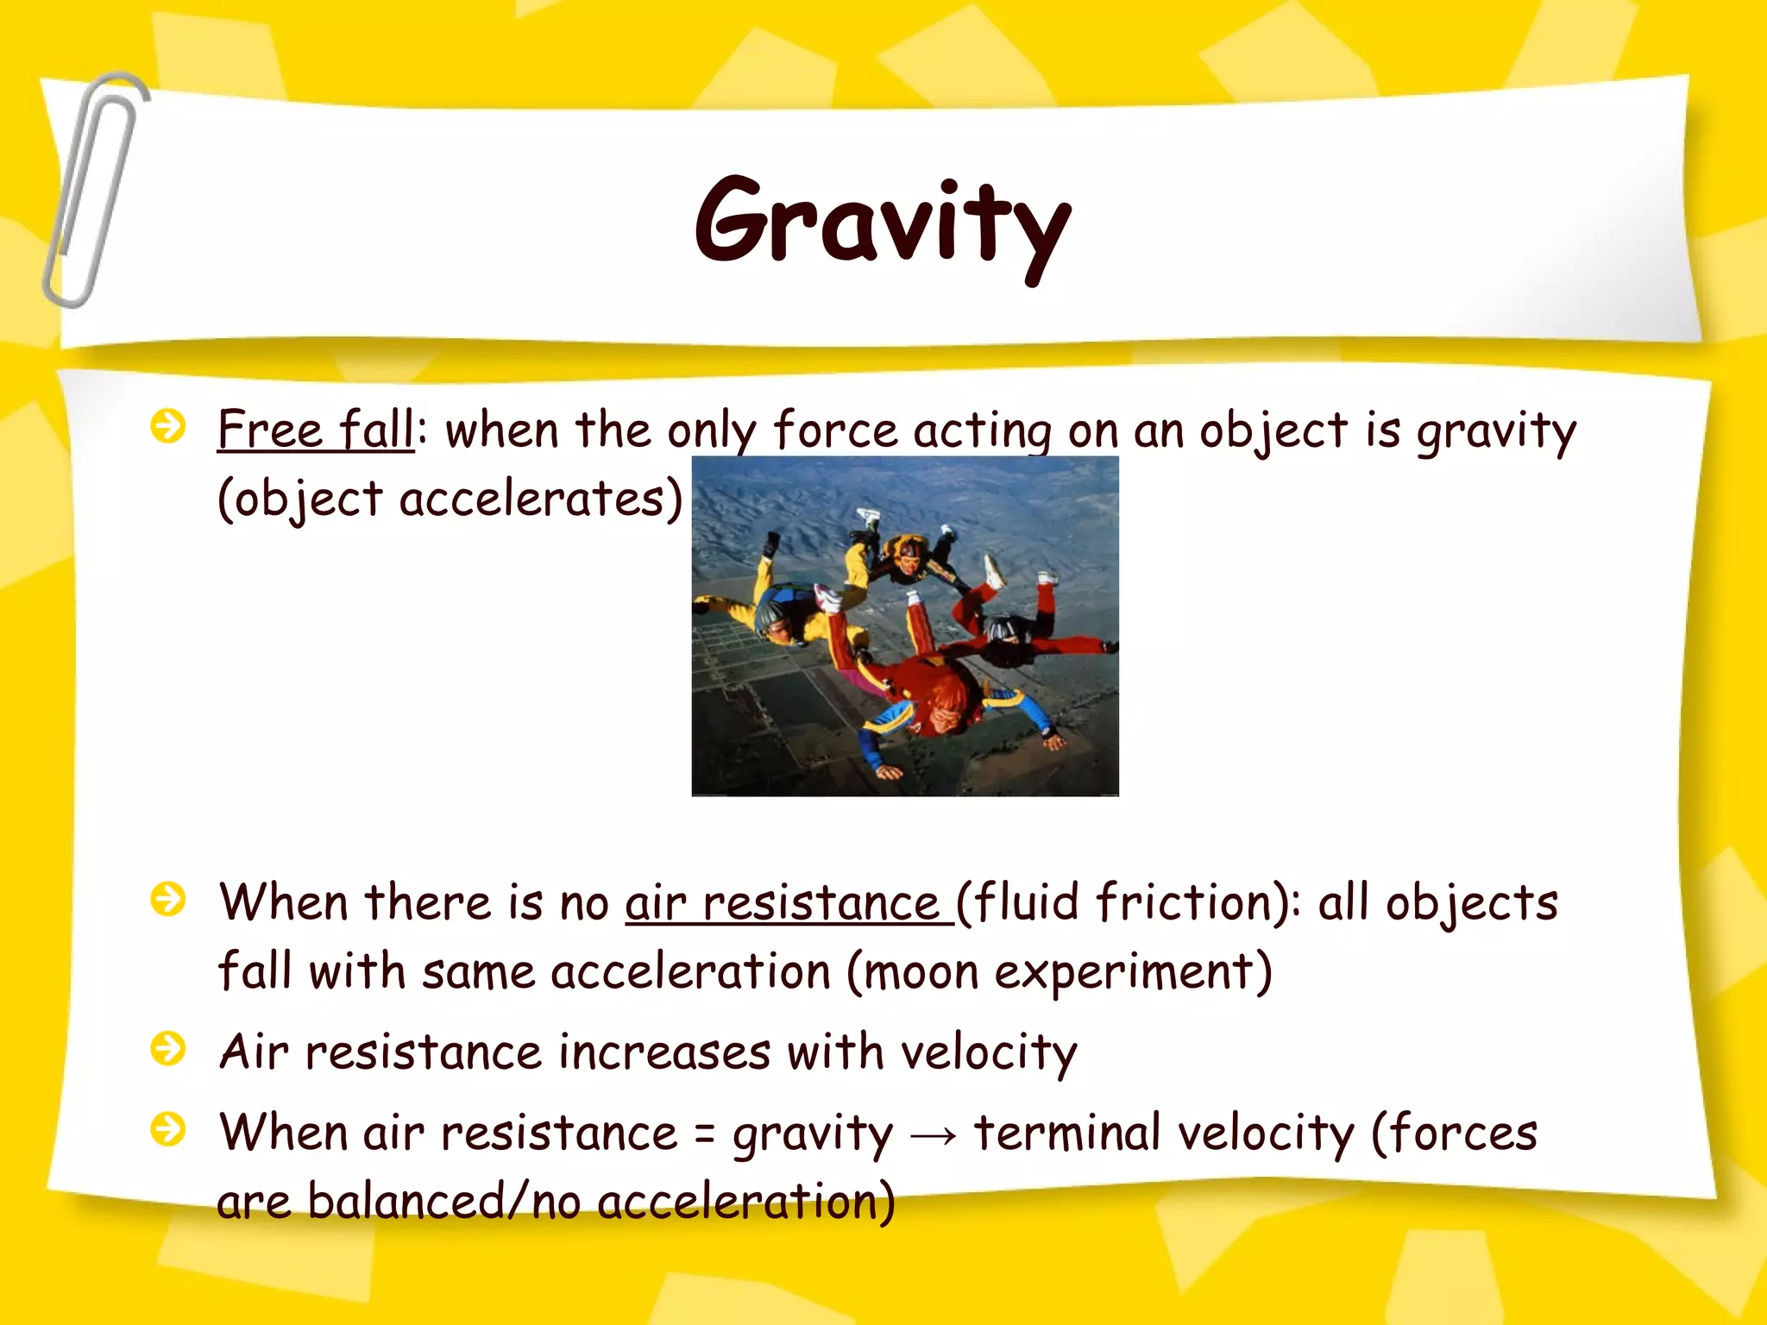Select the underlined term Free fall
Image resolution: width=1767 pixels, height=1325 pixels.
pyautogui.click(x=316, y=430)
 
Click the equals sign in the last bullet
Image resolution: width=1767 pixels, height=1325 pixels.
pyautogui.click(x=704, y=1135)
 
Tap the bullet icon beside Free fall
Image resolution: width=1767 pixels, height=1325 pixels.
pyautogui.click(x=167, y=426)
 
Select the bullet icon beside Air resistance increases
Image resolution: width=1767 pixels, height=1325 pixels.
pyautogui.click(x=167, y=1049)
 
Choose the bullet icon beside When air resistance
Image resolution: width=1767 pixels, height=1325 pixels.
pyautogui.click(x=167, y=1128)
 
